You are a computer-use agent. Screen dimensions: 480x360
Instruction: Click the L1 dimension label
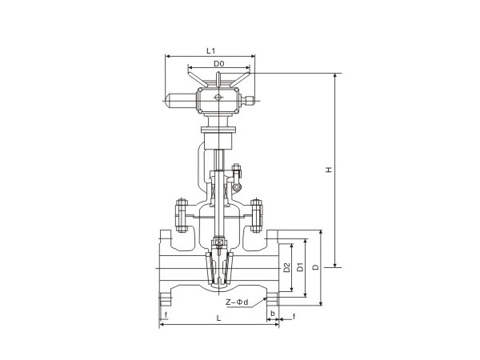pos(210,50)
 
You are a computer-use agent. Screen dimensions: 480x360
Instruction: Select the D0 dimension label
pos(219,64)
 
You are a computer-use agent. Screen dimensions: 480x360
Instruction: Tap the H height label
pos(329,170)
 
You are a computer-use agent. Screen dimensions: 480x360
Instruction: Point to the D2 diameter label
pos(287,267)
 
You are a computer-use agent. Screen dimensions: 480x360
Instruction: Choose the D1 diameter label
pos(301,267)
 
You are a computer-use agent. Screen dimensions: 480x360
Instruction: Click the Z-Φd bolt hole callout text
pos(237,302)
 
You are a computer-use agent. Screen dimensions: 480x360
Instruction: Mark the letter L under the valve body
pos(218,318)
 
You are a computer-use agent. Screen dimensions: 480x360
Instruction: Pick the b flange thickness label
pos(273,314)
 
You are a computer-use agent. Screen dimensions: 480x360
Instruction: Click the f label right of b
pos(294,316)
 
